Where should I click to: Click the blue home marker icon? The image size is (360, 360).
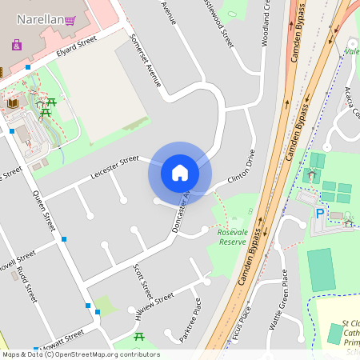pyautogui.click(x=179, y=172)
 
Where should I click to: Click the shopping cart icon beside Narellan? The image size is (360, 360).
pyautogui.click(x=70, y=20)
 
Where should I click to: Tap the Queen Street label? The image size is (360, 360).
pyautogui.click(x=43, y=210)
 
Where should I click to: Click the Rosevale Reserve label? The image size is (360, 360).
pyautogui.click(x=233, y=236)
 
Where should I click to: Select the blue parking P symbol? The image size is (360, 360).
pyautogui.click(x=320, y=214)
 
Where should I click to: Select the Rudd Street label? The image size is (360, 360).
pyautogui.click(x=26, y=284)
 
